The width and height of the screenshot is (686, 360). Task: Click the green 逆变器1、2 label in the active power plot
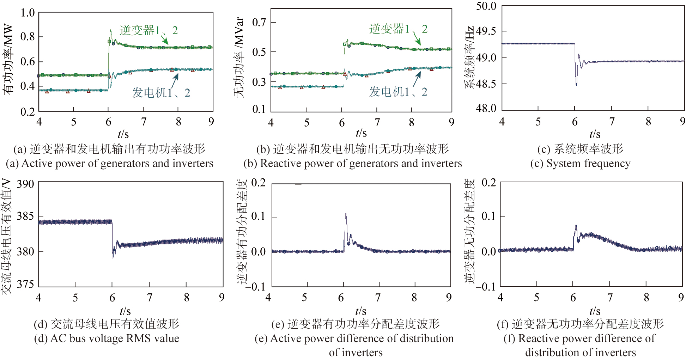click(148, 30)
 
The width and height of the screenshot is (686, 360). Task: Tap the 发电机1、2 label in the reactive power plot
click(398, 92)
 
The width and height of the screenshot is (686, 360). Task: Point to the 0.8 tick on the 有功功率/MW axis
click(27, 36)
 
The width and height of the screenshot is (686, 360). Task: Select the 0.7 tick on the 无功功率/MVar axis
click(259, 23)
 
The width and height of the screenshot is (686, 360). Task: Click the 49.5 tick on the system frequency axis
click(486, 31)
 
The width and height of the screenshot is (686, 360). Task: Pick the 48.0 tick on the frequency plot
click(486, 108)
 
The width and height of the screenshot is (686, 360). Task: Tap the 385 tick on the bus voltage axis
click(25, 216)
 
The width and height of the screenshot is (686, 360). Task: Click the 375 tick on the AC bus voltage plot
click(25, 284)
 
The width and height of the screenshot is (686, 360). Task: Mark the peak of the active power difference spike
click(346, 214)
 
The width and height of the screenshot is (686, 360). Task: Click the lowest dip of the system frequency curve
click(576, 85)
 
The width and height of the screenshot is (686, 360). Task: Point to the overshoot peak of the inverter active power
click(110, 30)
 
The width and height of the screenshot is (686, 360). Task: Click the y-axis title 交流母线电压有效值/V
click(7, 236)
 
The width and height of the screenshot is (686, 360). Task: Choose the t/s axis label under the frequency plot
click(595, 134)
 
